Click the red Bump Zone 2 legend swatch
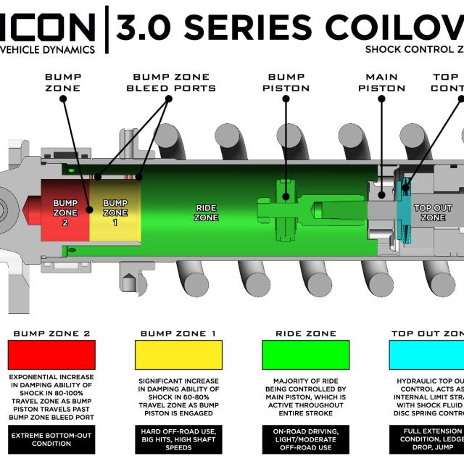(x=51, y=355)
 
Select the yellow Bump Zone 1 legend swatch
(x=178, y=355)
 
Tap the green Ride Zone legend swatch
(x=305, y=355)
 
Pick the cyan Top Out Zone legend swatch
(x=428, y=355)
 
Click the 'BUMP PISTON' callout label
(x=286, y=83)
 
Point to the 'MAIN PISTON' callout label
(x=381, y=83)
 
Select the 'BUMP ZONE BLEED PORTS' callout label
(x=171, y=83)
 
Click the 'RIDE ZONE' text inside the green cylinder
(x=207, y=212)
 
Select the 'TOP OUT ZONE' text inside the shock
(x=433, y=212)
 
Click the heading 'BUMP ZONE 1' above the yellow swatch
(x=178, y=333)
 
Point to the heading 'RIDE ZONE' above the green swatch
(x=305, y=333)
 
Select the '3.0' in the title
(x=142, y=28)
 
